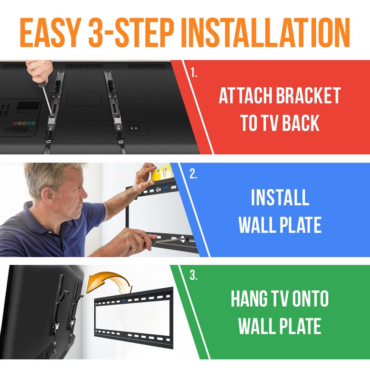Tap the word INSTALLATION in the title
click(265, 33)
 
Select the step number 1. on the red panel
click(194, 72)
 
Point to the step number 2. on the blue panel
click(194, 174)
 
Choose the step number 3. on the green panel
click(194, 275)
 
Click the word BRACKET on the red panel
click(308, 95)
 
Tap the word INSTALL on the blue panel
click(280, 197)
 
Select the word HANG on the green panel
click(249, 298)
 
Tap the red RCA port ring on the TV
click(15, 123)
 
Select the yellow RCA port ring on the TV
click(20, 123)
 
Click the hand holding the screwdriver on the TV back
click(39, 70)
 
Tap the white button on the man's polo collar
click(50, 232)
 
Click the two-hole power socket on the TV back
click(134, 128)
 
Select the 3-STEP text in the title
click(131, 33)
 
